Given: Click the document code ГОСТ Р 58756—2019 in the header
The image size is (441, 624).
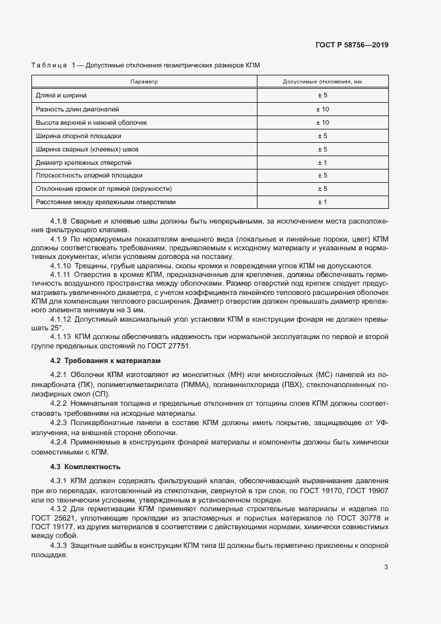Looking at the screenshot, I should point(352,45).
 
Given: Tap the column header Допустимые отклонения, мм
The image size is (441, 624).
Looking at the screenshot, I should point(322,81).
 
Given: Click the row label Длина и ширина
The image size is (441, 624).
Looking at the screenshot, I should point(61,96).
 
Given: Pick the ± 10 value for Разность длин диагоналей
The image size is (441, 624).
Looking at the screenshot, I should point(322,109).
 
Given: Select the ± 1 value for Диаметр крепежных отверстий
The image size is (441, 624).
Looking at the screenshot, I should point(322,162).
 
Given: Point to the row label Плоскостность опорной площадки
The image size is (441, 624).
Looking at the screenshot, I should point(89,176).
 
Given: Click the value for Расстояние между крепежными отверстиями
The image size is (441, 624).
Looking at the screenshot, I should point(322,202).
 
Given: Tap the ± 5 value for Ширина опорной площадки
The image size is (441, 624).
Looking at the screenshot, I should point(322,136).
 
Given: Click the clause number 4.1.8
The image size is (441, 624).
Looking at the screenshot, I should point(59,220).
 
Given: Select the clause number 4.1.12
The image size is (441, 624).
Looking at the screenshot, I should point(61,319).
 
